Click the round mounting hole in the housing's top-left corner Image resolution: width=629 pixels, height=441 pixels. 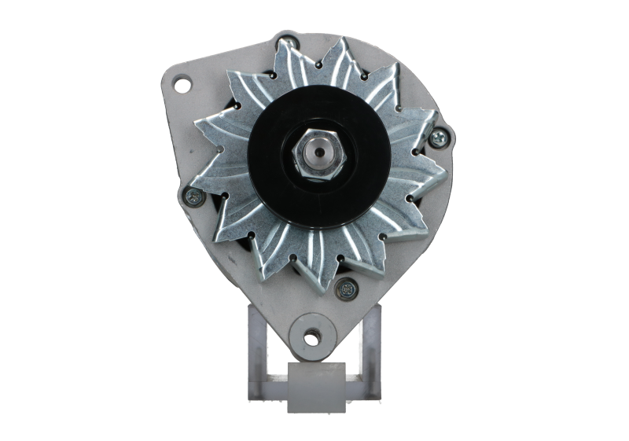tap(182, 81)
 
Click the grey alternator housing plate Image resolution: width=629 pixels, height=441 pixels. tap(212, 252)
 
